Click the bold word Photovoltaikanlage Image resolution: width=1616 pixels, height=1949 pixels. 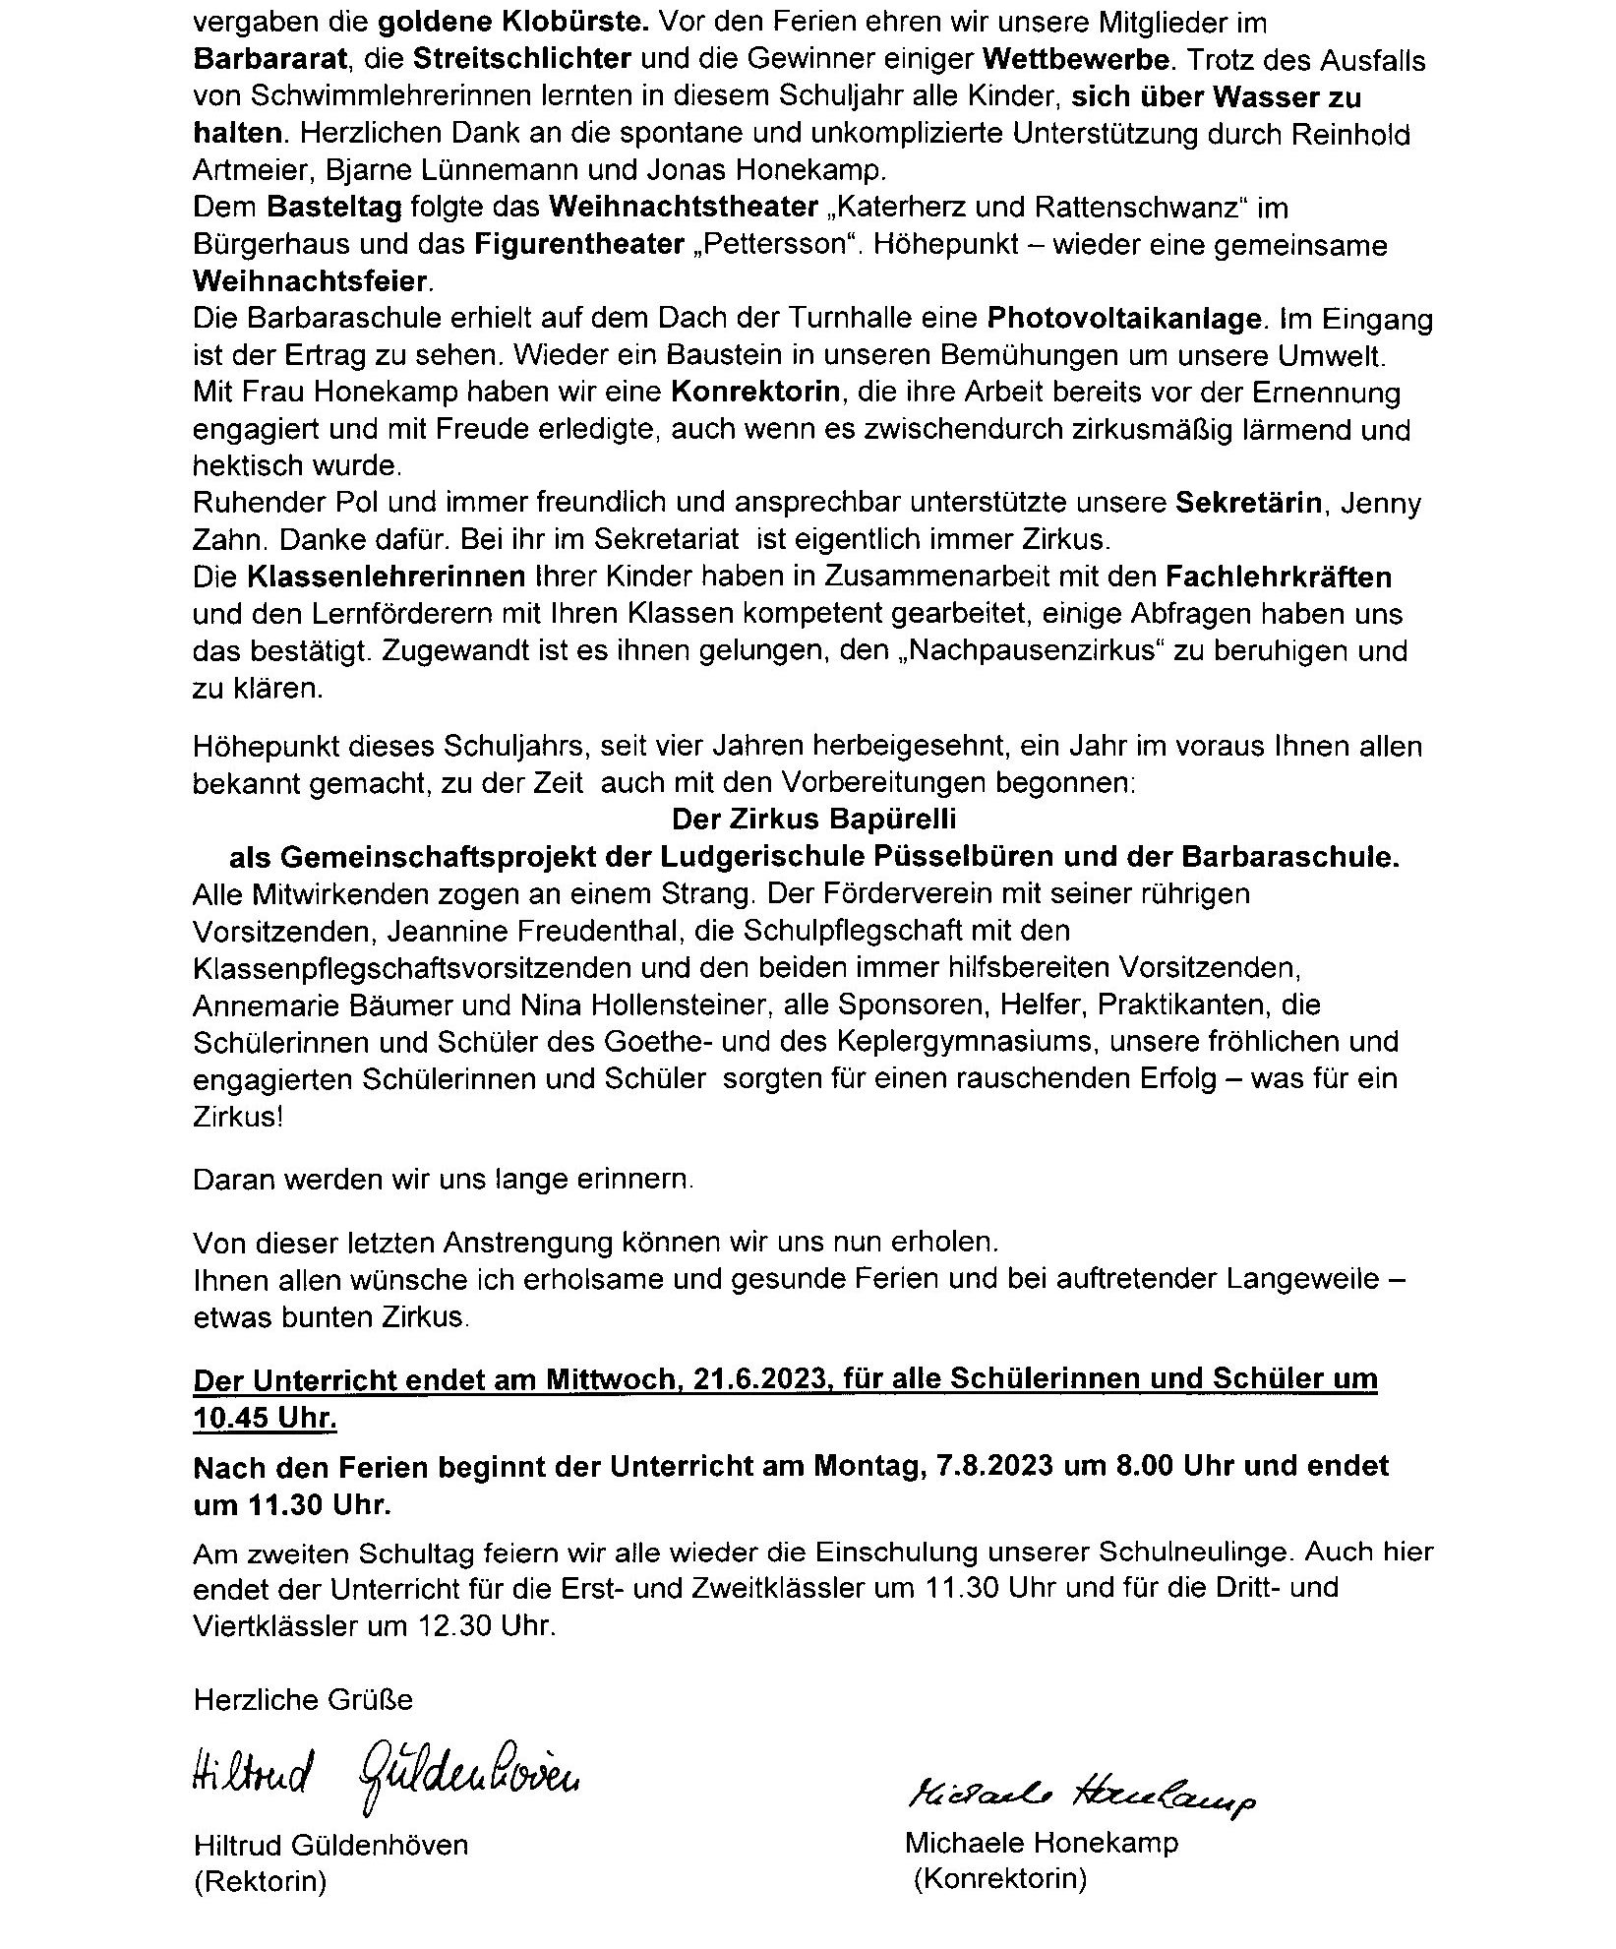click(1123, 319)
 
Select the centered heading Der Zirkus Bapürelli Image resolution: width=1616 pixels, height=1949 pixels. click(813, 819)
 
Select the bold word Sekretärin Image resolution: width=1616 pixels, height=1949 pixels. click(1247, 504)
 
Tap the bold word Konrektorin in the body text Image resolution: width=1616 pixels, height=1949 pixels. click(755, 393)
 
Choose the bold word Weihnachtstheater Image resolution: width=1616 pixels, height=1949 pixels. click(684, 209)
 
